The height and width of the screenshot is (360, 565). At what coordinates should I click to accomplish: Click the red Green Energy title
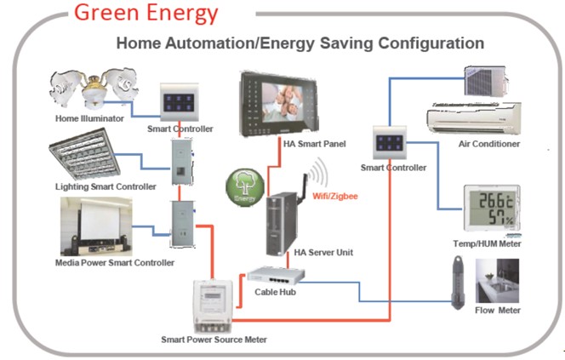pyautogui.click(x=145, y=14)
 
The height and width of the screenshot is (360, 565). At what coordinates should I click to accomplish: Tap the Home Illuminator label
pyautogui.click(x=89, y=118)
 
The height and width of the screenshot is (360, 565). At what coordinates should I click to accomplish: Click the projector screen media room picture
pyautogui.click(x=96, y=226)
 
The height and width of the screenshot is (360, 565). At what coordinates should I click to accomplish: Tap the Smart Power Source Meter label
pyautogui.click(x=214, y=340)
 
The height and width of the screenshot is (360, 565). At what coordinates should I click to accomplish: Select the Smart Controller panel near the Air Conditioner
pyautogui.click(x=392, y=141)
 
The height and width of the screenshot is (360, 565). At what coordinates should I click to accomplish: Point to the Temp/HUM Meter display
pyautogui.click(x=488, y=209)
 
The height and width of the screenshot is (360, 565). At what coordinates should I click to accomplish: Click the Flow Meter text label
pyautogui.click(x=497, y=311)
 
